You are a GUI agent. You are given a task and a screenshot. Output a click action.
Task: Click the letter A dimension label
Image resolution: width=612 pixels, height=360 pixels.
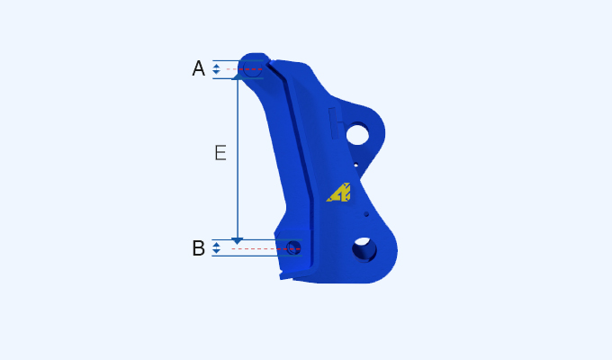click(x=198, y=68)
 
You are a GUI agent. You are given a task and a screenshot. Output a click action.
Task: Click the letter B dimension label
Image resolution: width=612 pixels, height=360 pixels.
click(x=198, y=248)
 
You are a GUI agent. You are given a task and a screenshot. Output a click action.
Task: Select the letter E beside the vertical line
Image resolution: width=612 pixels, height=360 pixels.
click(x=220, y=153)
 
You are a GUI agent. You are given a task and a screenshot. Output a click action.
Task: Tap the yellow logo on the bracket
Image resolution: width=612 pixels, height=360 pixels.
click(x=339, y=192)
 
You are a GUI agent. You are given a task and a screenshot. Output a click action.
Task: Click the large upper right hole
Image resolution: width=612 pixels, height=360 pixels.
click(x=357, y=135)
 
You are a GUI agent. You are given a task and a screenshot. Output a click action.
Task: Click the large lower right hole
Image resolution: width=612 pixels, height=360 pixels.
click(x=364, y=247)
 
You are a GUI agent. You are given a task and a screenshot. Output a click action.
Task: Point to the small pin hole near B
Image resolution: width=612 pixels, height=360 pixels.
click(x=292, y=247)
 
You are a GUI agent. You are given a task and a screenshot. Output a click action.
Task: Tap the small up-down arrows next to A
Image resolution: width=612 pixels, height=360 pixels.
click(x=216, y=69)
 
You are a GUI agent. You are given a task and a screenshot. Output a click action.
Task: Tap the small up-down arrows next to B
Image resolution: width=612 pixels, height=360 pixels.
click(x=216, y=247)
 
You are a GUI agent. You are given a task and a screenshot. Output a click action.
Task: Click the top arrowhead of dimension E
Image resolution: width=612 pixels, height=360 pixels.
click(x=238, y=77)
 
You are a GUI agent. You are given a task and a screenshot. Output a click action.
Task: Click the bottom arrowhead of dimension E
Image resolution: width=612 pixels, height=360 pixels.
click(x=238, y=240)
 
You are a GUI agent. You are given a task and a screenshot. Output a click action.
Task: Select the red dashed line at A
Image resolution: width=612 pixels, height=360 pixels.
click(x=244, y=69)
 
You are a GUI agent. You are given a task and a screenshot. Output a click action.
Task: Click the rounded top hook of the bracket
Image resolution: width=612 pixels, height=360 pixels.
click(x=255, y=61)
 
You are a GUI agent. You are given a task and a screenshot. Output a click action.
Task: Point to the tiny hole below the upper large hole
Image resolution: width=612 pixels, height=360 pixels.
click(x=355, y=166)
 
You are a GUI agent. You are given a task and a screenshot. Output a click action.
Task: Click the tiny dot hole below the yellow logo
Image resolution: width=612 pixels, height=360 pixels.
click(x=366, y=214)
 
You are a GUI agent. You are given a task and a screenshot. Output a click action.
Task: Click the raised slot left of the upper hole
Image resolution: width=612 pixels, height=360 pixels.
click(x=335, y=121)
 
